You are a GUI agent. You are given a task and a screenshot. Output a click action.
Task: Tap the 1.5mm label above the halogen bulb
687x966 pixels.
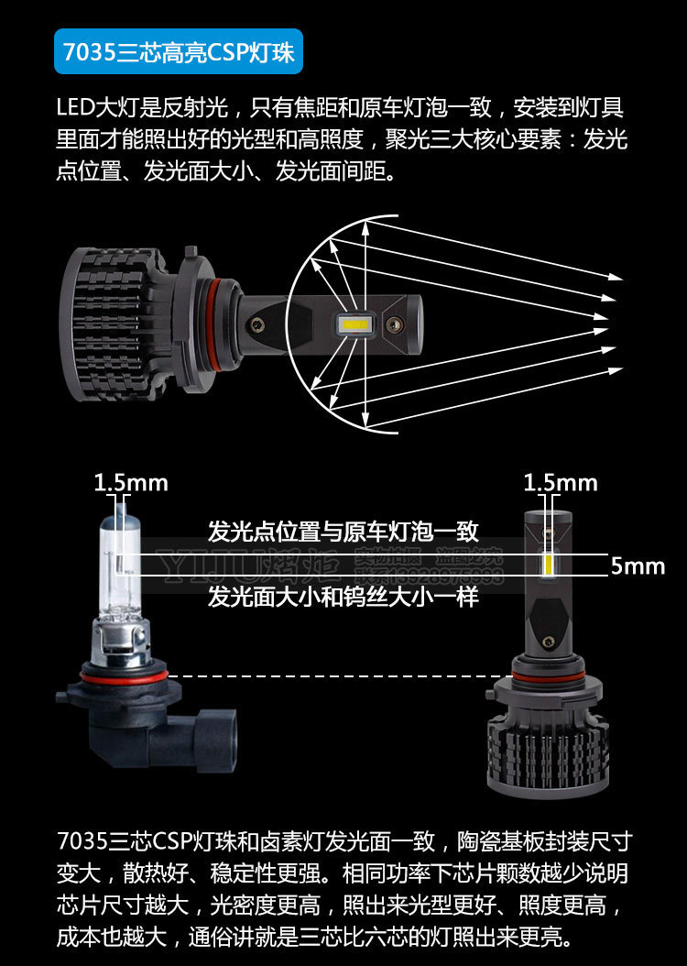131,482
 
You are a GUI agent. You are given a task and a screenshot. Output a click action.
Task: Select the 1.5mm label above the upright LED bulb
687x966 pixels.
560,482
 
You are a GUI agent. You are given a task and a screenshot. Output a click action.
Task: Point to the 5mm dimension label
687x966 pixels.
638,566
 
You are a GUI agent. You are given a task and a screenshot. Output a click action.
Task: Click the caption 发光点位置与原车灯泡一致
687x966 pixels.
343,532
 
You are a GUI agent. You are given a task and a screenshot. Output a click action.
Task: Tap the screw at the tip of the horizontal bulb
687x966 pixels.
394,324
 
